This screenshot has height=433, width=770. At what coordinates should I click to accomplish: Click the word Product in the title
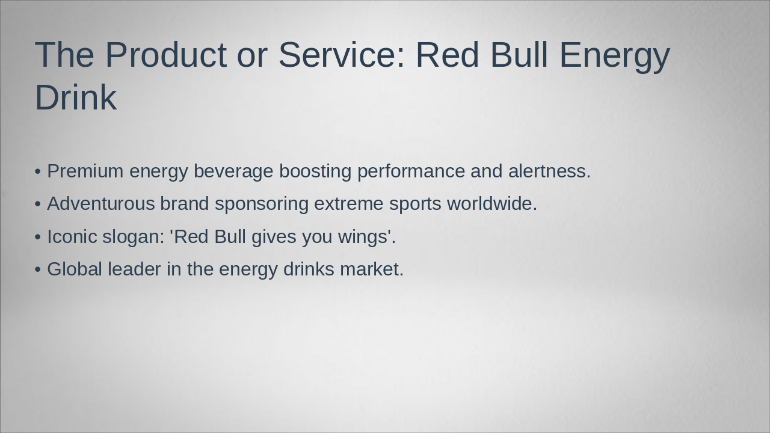click(x=166, y=55)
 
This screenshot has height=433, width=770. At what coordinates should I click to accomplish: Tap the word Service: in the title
click(x=342, y=55)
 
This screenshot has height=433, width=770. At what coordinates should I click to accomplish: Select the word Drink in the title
click(x=75, y=97)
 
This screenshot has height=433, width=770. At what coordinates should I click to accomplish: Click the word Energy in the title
click(x=614, y=55)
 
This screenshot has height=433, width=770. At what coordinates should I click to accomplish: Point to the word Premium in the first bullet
click(x=85, y=171)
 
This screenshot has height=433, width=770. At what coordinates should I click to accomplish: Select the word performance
click(x=411, y=171)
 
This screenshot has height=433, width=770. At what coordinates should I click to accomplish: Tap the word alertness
click(x=549, y=171)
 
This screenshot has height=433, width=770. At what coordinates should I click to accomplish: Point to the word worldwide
click(x=492, y=204)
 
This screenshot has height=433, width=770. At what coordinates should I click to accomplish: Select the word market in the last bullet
click(x=371, y=269)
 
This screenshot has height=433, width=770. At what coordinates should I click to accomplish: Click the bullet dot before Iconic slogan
click(x=38, y=237)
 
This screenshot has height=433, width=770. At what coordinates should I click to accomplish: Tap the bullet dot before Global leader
click(x=38, y=269)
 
